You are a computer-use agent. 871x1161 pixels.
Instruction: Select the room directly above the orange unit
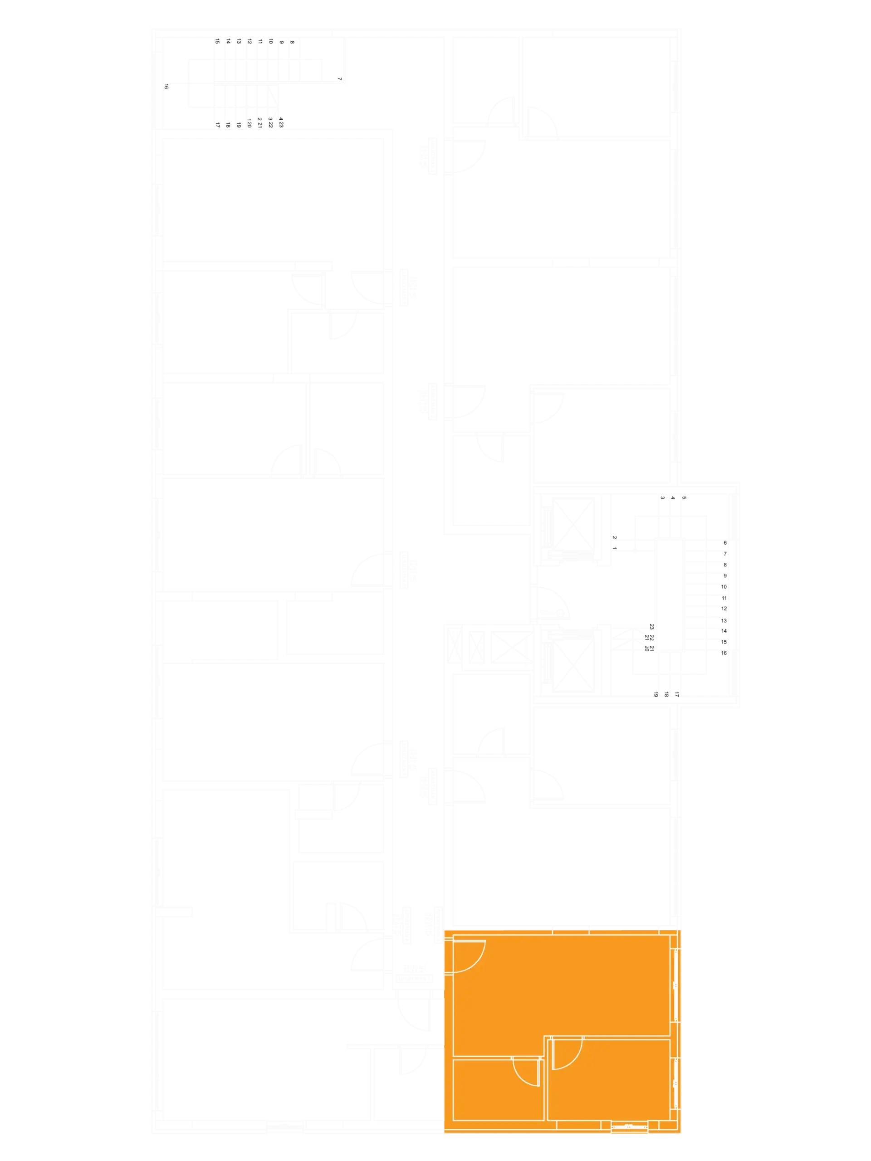562,866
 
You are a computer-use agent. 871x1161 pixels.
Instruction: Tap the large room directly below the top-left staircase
273,200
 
